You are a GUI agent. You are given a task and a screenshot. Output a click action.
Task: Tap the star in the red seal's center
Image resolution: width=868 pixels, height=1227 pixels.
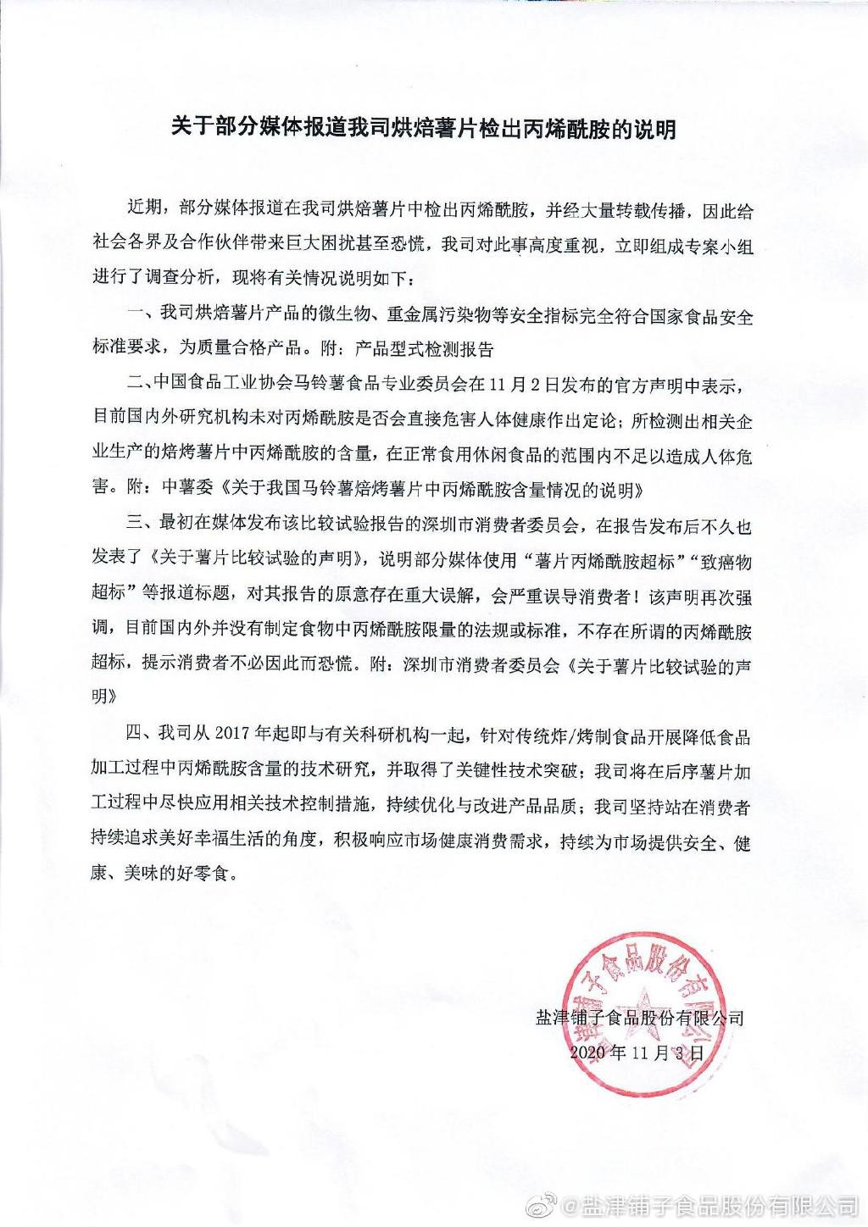645,1018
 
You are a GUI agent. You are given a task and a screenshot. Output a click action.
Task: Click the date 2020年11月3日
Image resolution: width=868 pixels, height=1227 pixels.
637,1053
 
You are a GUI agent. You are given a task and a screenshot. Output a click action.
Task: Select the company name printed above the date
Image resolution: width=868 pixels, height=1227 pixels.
639,1017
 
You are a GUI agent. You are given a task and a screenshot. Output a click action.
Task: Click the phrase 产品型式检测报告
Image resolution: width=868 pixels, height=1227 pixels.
423,347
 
